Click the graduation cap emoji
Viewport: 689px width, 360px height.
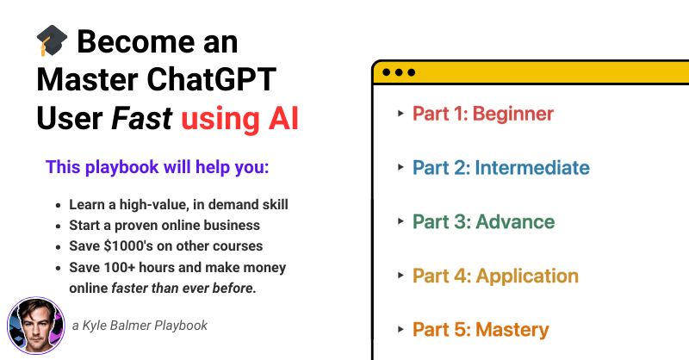tap(53, 41)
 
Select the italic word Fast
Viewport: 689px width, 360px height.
tap(142, 119)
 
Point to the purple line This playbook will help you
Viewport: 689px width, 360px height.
tap(158, 167)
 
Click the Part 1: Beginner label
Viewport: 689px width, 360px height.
tap(482, 114)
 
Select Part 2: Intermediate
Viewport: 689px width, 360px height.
tap(500, 168)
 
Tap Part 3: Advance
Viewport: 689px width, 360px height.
tap(483, 222)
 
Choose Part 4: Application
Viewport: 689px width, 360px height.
tap(495, 276)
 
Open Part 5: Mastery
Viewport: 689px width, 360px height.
tap(480, 330)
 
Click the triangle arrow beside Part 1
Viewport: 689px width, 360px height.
tap(400, 114)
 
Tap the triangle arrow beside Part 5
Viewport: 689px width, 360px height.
tap(400, 330)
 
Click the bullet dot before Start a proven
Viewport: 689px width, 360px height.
tap(58, 226)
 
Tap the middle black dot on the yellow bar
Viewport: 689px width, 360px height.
tap(399, 72)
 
